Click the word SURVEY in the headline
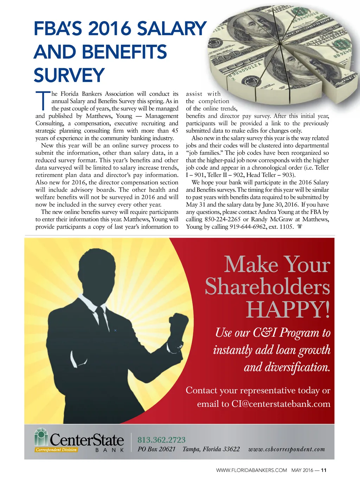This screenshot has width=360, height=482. pyautogui.click(x=69, y=75)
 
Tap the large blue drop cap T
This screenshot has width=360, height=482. pyautogui.click(x=43, y=100)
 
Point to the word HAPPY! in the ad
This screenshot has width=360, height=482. pyautogui.click(x=288, y=310)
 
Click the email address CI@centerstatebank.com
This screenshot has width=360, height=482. pyautogui.click(x=281, y=404)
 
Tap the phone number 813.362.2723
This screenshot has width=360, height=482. pyautogui.click(x=161, y=440)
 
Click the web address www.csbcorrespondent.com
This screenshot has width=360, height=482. pyautogui.click(x=287, y=449)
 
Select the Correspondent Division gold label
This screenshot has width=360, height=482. pyautogui.click(x=56, y=450)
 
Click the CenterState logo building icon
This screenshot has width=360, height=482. pyautogui.click(x=41, y=437)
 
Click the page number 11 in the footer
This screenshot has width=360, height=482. pyautogui.click(x=324, y=470)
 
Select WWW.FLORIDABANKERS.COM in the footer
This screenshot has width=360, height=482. pyautogui.click(x=251, y=470)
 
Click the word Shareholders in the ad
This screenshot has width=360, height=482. pyautogui.click(x=268, y=286)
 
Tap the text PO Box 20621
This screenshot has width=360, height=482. pyautogui.click(x=156, y=449)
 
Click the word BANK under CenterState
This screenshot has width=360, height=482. pyautogui.click(x=110, y=450)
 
